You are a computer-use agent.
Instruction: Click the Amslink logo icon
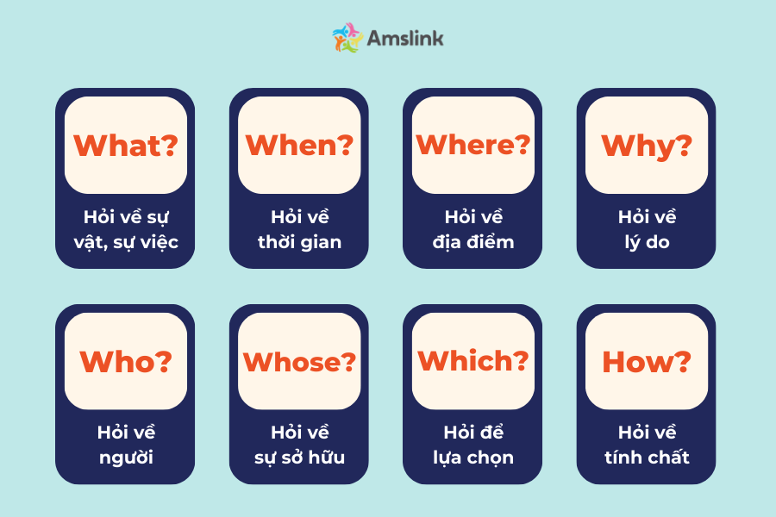click(x=347, y=38)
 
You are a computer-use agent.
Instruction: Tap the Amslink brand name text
click(x=405, y=38)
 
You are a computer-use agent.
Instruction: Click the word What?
click(x=125, y=146)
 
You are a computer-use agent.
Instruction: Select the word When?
click(x=299, y=146)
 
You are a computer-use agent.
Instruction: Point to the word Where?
click(x=472, y=145)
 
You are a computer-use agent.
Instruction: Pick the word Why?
click(x=646, y=146)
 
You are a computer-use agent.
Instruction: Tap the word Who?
click(x=125, y=361)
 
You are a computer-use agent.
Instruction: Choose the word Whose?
click(x=299, y=362)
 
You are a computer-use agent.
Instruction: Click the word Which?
click(x=472, y=361)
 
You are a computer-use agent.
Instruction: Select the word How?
click(x=646, y=362)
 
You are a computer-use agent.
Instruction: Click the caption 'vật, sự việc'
click(x=126, y=242)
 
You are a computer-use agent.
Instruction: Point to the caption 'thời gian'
click(x=299, y=242)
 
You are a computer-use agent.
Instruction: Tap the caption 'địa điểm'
click(x=473, y=242)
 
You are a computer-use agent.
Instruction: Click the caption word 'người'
click(x=126, y=458)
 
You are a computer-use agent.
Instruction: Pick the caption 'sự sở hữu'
click(x=299, y=458)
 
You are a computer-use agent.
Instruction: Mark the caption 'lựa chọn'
click(x=473, y=458)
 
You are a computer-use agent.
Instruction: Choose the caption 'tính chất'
click(x=647, y=458)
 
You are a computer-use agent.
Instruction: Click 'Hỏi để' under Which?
click(x=473, y=432)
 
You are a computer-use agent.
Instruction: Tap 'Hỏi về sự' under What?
click(x=126, y=217)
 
